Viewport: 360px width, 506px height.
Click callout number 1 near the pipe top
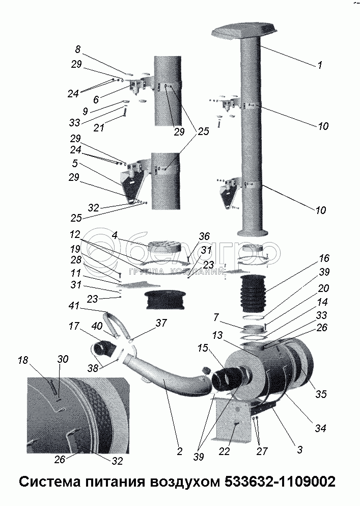click(319, 65)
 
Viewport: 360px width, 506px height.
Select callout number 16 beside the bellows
click(324, 258)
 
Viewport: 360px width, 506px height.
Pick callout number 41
click(74, 307)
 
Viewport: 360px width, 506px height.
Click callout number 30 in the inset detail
click(63, 359)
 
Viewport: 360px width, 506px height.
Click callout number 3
click(300, 450)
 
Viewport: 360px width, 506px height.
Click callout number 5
click(75, 165)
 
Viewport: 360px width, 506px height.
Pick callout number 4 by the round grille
click(115, 236)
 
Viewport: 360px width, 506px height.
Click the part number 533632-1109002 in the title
click(280, 482)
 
